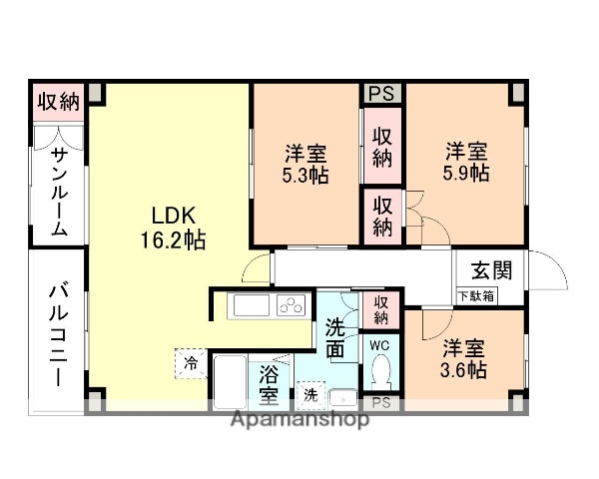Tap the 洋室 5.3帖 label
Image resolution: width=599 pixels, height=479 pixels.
305,164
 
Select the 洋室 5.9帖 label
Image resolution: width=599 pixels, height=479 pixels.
465,162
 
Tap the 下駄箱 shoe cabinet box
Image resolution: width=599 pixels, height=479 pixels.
476,295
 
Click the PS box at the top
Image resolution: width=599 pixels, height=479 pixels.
381,94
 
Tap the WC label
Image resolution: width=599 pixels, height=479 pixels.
380,345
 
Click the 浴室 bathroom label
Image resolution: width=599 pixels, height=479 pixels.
269,385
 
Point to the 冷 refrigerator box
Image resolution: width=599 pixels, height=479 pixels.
190,362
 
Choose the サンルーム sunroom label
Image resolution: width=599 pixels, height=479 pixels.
59,191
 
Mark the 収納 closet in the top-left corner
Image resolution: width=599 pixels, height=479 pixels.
58,102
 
